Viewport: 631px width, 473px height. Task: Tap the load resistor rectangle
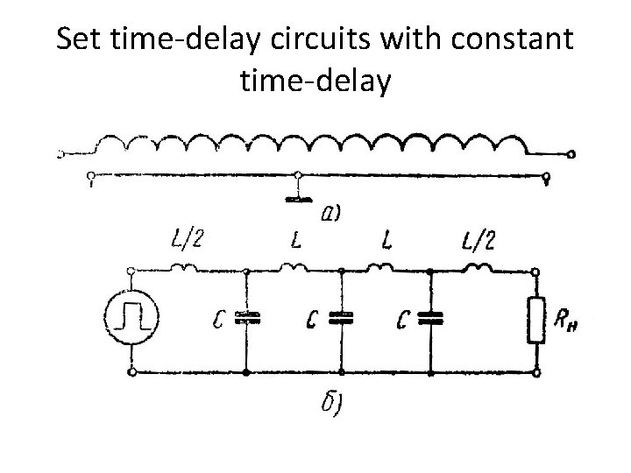pos(536,321)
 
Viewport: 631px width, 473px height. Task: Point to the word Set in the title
pos(78,41)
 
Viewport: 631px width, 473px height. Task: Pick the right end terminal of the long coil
pos(571,155)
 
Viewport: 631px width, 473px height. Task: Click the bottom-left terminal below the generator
pos(131,372)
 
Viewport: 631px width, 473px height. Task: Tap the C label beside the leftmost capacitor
pos(219,321)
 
